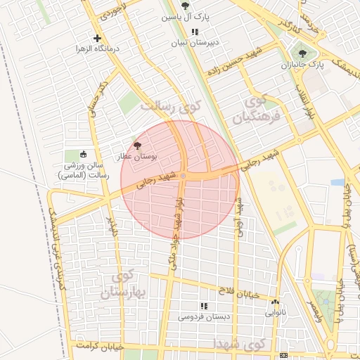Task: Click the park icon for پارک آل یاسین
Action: pos(186,6)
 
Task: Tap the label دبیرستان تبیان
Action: pos(199,42)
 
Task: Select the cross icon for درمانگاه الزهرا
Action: pos(97,38)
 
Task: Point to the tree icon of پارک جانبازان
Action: pos(303,53)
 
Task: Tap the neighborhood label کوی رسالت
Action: pos(170,106)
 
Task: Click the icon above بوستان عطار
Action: pos(136,143)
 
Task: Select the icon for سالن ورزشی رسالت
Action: pos(84,154)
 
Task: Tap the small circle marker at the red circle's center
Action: pos(183,176)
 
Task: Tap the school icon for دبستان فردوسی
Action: pos(204,306)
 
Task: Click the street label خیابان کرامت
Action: pos(102,346)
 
